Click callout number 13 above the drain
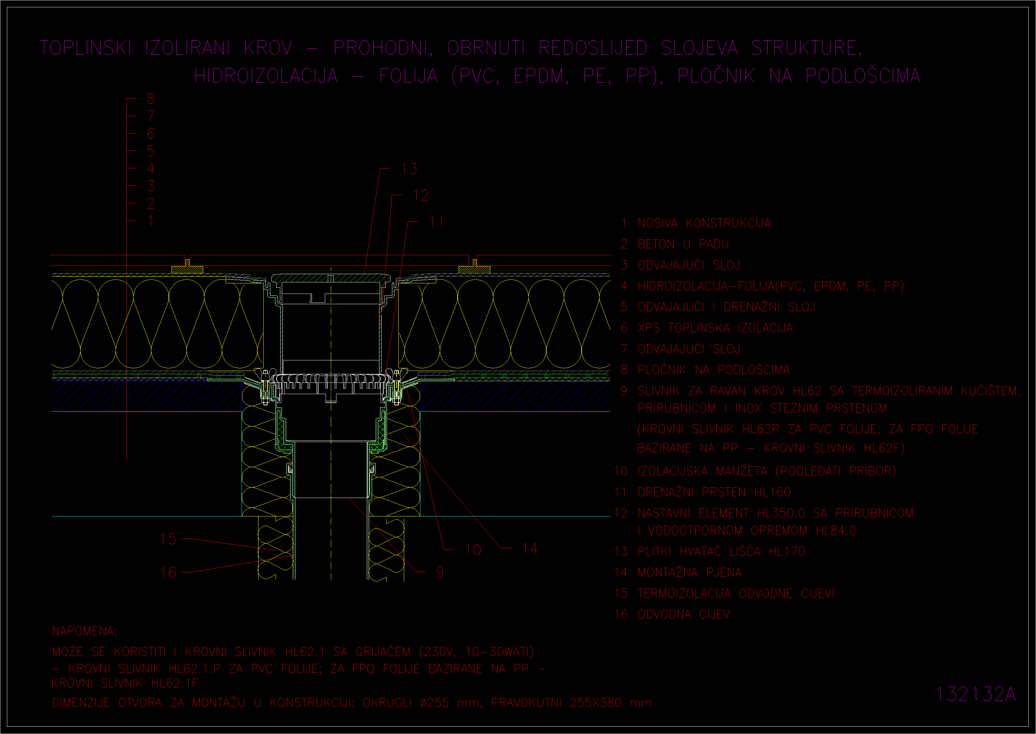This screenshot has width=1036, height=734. [409, 169]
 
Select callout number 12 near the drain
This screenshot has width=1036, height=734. [421, 195]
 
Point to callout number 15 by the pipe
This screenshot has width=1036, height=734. [168, 539]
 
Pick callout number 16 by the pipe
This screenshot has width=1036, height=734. [168, 572]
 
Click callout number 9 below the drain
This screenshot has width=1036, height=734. [440, 572]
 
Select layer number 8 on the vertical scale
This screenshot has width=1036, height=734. [151, 99]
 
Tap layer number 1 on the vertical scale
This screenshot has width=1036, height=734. [151, 221]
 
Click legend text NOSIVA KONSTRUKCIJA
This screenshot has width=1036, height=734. [704, 223]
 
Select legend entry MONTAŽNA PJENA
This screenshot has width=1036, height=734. [690, 572]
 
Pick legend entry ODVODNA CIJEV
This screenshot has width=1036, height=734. [683, 614]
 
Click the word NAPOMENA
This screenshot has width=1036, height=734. [84, 631]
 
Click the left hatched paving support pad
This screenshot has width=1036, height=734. [187, 269]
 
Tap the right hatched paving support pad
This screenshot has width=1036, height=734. [474, 269]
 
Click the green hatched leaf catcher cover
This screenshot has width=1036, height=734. [331, 278]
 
